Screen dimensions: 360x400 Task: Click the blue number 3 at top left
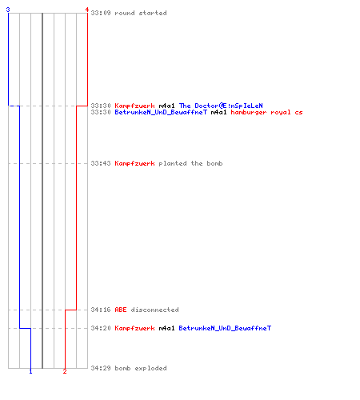(x=8, y=10)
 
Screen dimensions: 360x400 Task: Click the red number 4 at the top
(x=87, y=10)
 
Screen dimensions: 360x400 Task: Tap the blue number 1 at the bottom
(x=30, y=371)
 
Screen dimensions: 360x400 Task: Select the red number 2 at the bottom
(x=65, y=371)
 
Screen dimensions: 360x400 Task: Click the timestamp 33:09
(x=101, y=13)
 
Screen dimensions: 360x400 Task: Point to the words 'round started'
(x=141, y=13)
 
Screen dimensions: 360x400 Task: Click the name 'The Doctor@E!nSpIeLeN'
(x=221, y=106)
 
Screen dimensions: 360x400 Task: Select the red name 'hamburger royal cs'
(x=266, y=112)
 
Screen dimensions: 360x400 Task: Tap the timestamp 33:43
(x=101, y=163)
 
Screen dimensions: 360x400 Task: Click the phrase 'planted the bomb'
(x=190, y=163)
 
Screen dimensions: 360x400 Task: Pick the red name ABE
(x=121, y=310)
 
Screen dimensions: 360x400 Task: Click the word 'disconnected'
(x=154, y=310)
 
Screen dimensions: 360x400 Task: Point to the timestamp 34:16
(x=101, y=310)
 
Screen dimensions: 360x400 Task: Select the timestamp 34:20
(x=101, y=328)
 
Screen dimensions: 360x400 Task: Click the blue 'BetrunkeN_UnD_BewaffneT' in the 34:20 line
(x=225, y=328)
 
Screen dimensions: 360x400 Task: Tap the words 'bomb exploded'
(x=141, y=368)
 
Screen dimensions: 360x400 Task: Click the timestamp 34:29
(x=101, y=368)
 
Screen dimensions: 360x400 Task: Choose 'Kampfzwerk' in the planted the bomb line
(x=134, y=163)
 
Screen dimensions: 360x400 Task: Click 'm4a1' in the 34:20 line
(x=166, y=328)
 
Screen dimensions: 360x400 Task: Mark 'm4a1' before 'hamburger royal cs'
(x=218, y=112)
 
